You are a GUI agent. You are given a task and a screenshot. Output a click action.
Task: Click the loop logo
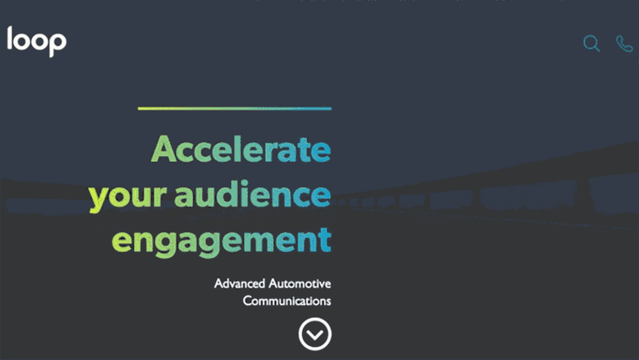[36, 41]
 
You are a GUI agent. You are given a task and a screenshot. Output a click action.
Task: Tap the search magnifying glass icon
[591, 43]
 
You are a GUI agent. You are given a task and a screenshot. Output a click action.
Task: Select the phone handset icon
[624, 43]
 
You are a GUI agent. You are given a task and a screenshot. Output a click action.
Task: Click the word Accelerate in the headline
[241, 149]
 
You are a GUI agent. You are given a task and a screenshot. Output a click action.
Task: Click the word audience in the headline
[252, 193]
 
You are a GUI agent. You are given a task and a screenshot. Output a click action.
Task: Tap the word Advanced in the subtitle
[240, 283]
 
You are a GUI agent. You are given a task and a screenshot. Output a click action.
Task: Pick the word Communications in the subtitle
[287, 301]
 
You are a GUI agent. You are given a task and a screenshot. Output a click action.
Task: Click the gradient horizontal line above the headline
[235, 109]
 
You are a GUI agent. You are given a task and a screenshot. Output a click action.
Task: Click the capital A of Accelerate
[164, 149]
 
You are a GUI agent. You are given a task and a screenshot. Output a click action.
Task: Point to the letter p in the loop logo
[58, 45]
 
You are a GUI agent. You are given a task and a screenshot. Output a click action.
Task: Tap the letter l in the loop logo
[10, 38]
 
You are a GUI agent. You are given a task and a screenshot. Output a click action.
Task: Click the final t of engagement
[325, 240]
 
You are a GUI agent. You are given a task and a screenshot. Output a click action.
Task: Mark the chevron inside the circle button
[314, 335]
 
